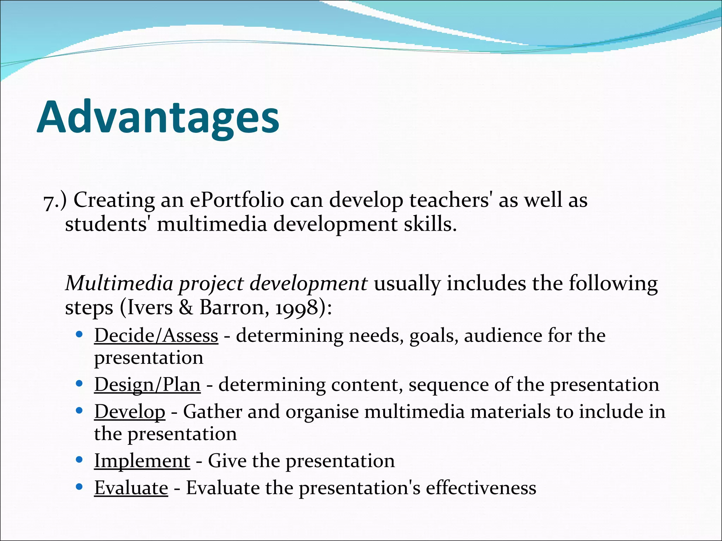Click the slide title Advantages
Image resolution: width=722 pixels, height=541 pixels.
click(158, 117)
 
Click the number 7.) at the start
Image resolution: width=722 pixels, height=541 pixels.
click(55, 201)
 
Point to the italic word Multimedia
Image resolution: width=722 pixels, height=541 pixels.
click(119, 283)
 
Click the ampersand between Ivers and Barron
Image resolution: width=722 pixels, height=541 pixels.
click(185, 307)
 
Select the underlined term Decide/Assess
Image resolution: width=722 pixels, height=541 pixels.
click(156, 335)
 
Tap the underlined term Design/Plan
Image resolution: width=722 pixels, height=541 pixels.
click(147, 384)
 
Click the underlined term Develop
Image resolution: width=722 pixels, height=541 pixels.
click(129, 411)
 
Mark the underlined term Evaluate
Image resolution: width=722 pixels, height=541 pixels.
click(131, 488)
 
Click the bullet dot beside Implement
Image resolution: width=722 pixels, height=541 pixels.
click(79, 460)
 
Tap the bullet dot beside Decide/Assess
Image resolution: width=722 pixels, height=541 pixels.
click(79, 334)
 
